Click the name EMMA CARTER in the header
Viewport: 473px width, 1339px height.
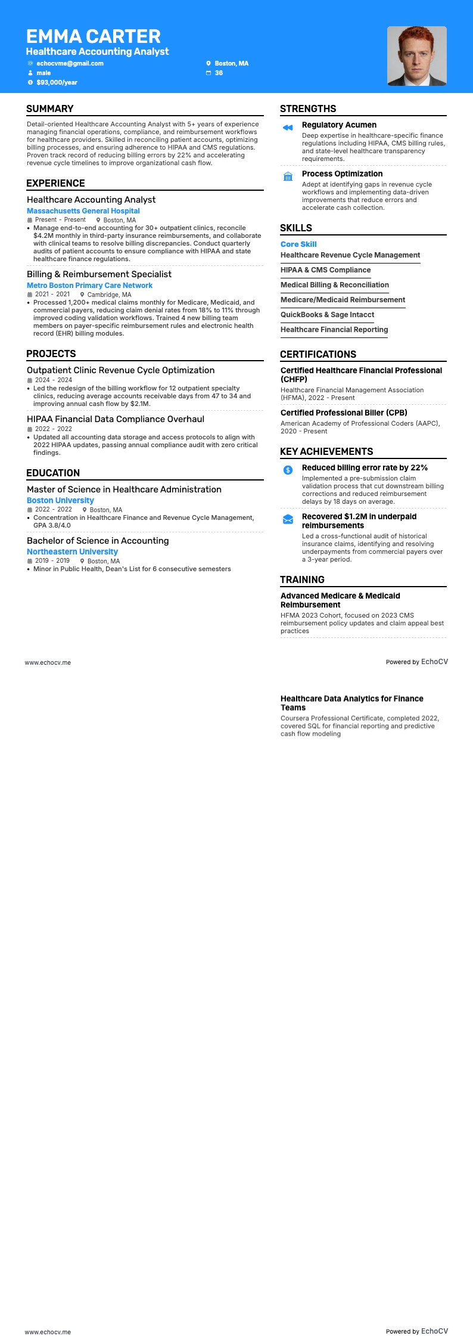94,36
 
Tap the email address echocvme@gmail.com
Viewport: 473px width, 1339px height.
70,63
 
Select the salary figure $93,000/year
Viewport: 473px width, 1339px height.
57,82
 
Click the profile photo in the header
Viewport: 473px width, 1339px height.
416,56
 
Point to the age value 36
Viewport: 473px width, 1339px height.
219,73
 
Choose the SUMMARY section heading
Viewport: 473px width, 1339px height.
50,109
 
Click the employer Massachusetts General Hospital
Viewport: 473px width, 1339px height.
83,211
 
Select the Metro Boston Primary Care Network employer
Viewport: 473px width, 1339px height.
89,286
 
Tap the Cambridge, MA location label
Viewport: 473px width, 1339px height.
109,295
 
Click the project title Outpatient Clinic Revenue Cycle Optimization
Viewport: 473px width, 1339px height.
120,370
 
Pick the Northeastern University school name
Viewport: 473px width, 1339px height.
72,552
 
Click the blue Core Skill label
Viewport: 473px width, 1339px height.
298,244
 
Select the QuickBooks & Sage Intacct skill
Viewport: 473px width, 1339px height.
327,315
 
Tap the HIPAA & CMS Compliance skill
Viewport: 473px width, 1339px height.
325,270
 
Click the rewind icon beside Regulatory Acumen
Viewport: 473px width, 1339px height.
288,128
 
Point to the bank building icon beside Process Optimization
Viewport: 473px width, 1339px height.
288,176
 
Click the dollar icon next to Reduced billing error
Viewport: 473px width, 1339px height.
288,470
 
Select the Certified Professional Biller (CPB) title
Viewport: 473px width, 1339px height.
344,413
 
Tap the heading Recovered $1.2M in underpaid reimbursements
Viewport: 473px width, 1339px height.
359,521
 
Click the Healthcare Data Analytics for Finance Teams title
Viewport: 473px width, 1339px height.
351,703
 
